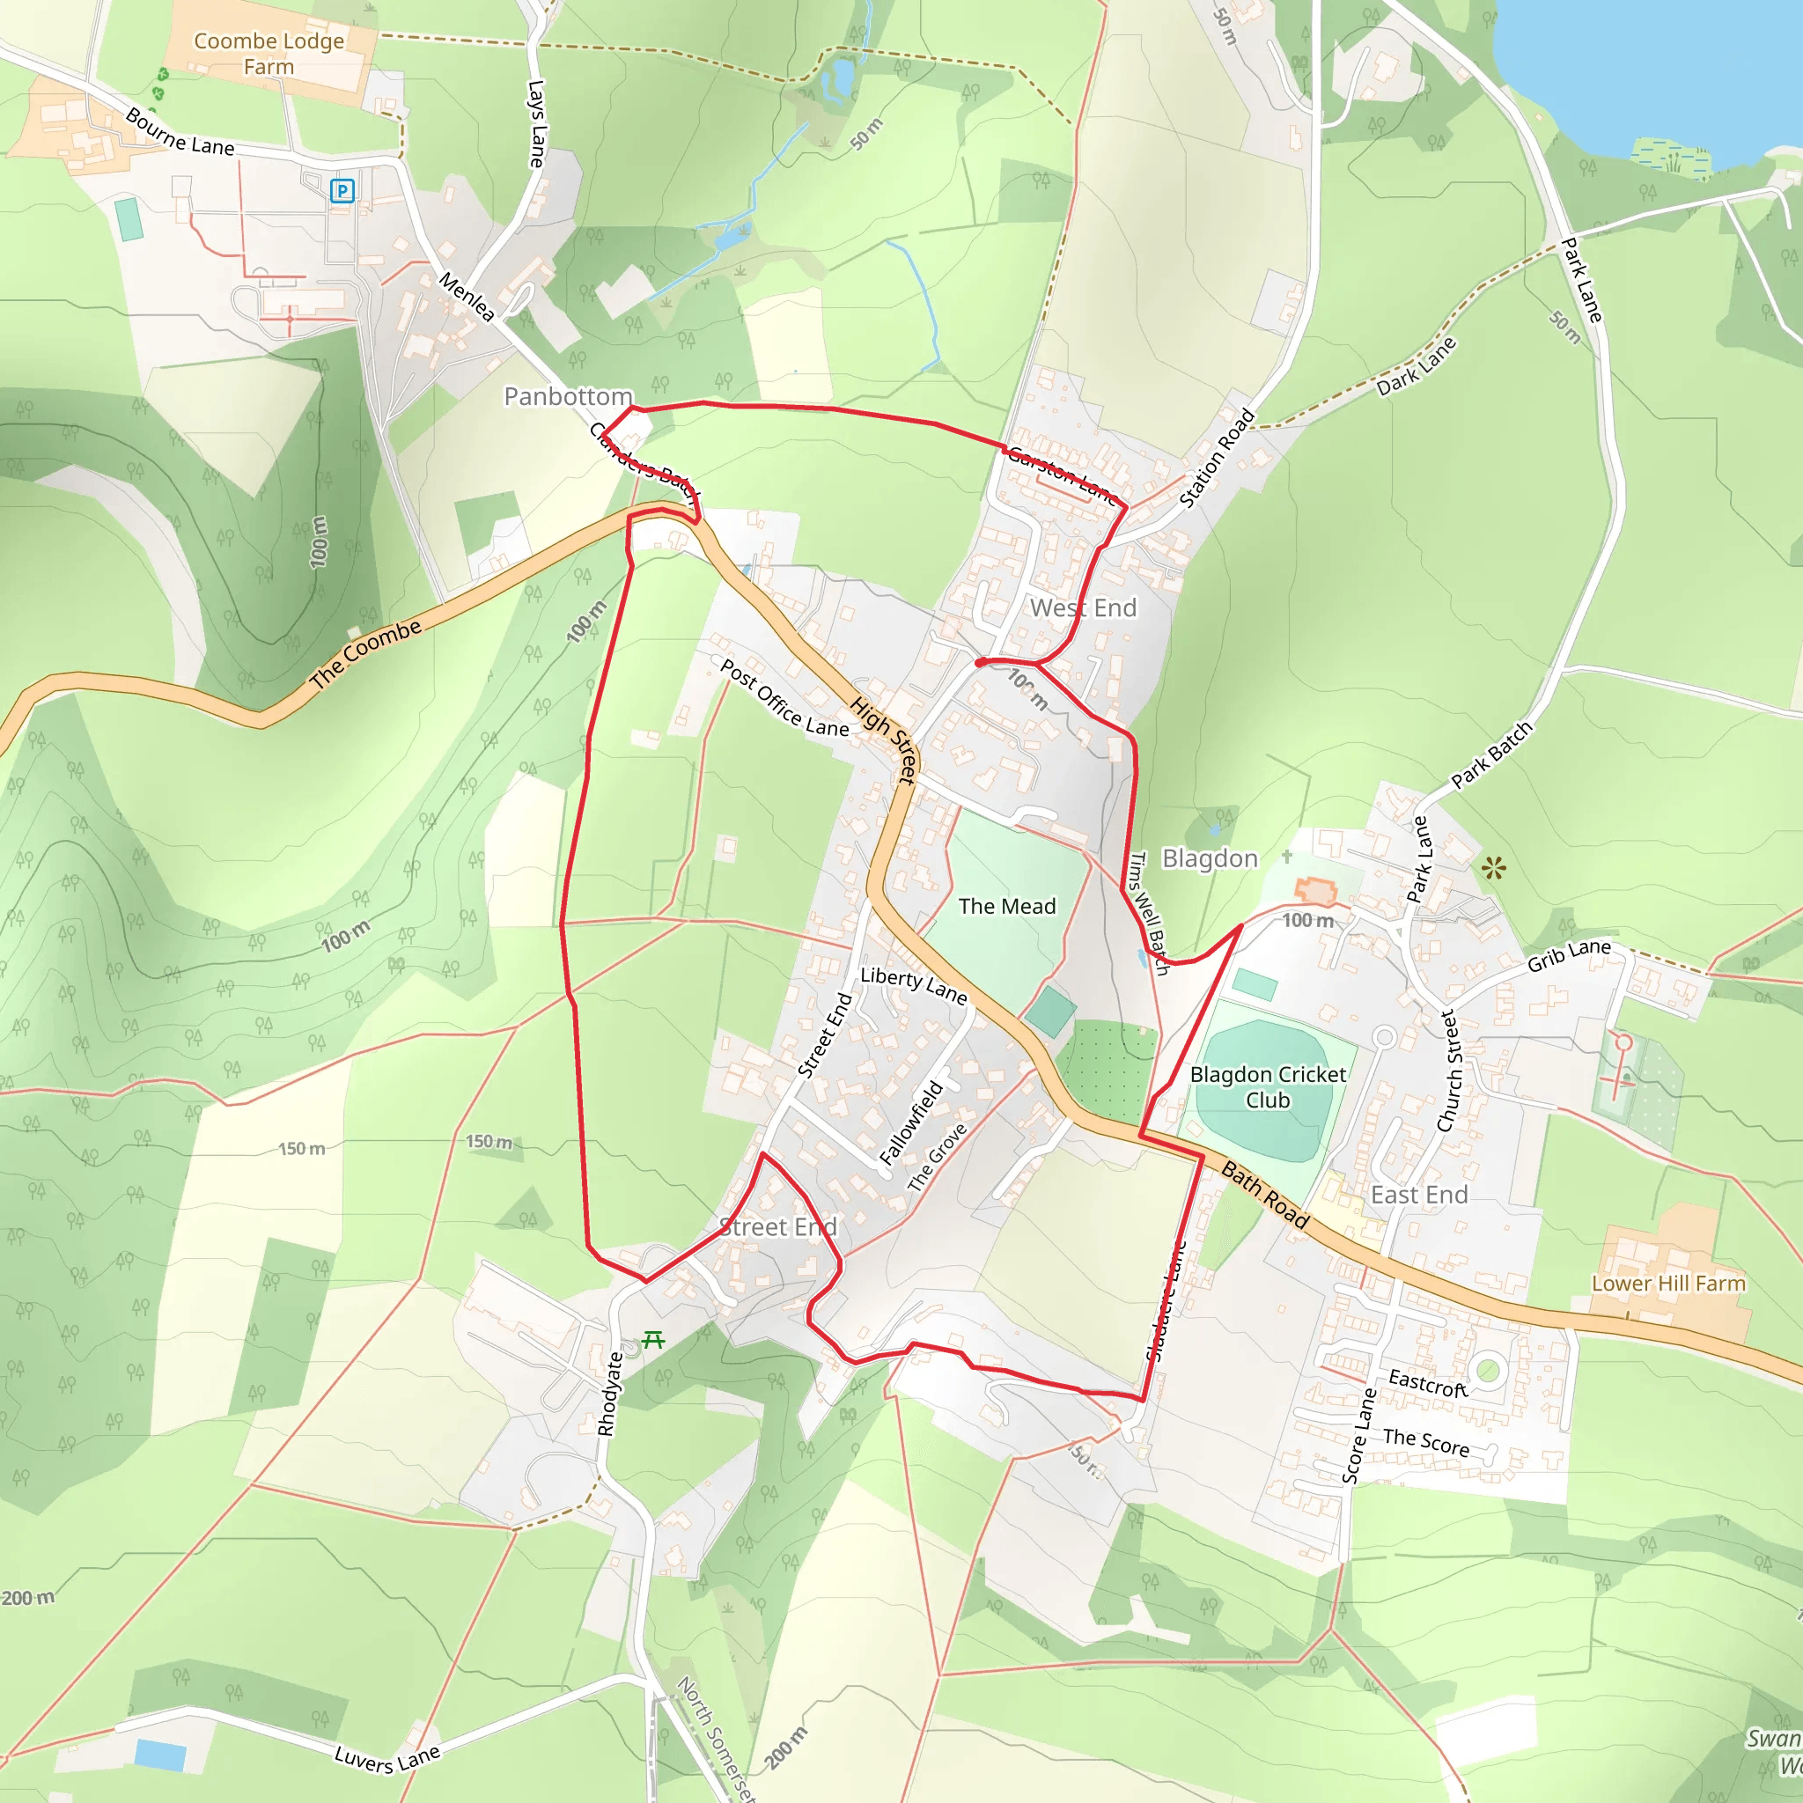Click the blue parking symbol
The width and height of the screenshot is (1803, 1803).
(342, 191)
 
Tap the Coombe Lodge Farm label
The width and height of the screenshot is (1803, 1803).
(269, 54)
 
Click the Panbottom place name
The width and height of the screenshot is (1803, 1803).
(568, 397)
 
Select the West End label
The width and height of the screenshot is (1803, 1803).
(1083, 607)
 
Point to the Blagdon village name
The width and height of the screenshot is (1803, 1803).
(1210, 858)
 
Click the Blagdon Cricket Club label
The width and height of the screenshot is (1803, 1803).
(1268, 1087)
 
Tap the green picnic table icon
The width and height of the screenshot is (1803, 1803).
(653, 1340)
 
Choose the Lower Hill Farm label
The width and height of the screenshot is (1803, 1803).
(1667, 1284)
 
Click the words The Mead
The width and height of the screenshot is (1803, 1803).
(1007, 906)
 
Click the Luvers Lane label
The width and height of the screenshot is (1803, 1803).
(387, 1760)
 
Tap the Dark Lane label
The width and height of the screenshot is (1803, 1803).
(1417, 366)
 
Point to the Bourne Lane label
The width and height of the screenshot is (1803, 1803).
(180, 133)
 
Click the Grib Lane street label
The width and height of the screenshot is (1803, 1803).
(1569, 954)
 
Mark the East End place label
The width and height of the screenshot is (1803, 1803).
(1418, 1195)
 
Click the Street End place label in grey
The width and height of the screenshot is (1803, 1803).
(777, 1226)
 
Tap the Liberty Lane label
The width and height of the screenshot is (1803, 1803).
(914, 984)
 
